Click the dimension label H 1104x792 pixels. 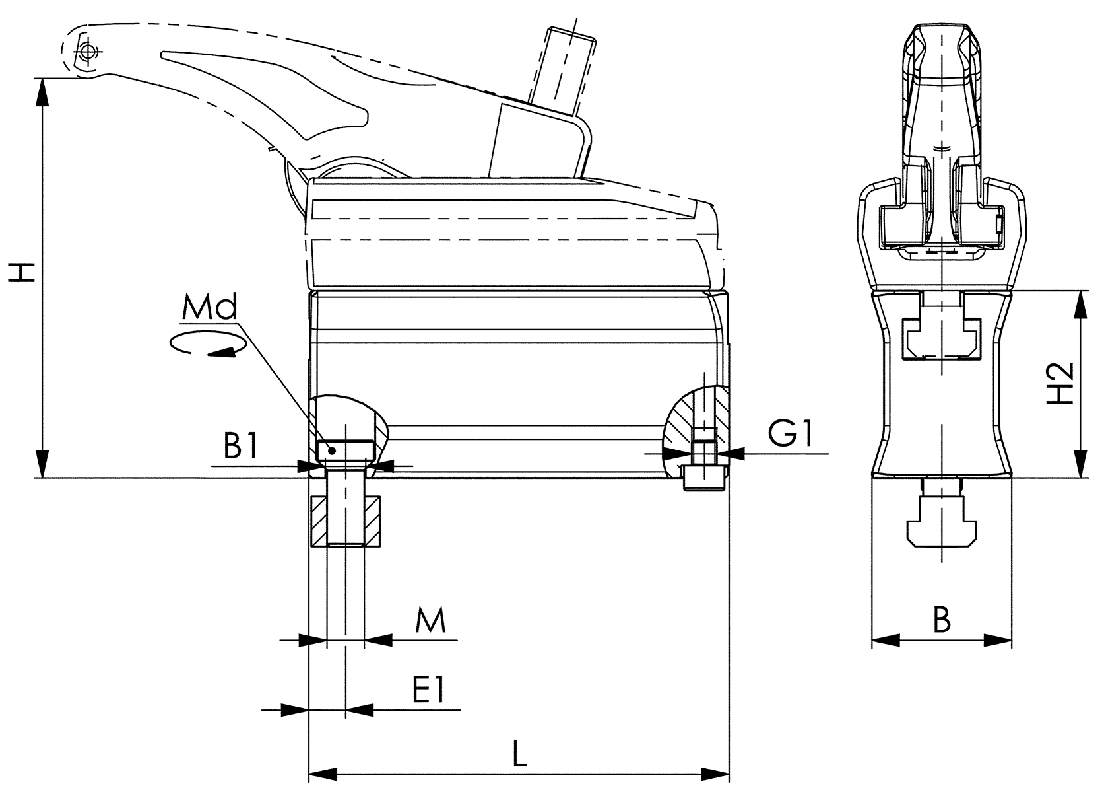24,271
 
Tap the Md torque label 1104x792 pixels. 209,308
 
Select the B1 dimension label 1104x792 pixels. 240,446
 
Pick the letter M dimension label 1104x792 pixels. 430,621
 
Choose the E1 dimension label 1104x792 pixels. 430,691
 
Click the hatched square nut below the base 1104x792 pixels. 345,521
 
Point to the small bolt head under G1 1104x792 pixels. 703,478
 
